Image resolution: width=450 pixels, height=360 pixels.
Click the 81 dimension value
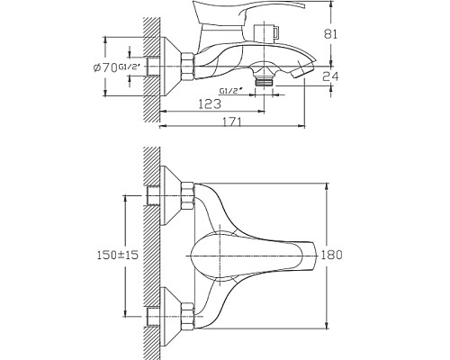point(330,34)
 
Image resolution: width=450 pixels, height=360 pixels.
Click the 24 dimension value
point(330,76)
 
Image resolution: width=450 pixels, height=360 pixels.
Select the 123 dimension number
point(210,103)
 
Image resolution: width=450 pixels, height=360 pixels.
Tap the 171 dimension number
point(232,121)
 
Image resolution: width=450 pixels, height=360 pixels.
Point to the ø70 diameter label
point(105,68)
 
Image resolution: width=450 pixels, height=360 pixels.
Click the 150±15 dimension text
point(118,255)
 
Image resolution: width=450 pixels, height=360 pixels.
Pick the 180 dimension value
point(331,255)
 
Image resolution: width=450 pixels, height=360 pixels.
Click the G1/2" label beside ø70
point(130,67)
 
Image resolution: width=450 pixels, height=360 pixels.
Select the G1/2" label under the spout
point(230,90)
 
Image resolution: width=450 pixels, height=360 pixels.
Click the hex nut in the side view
point(188,67)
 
